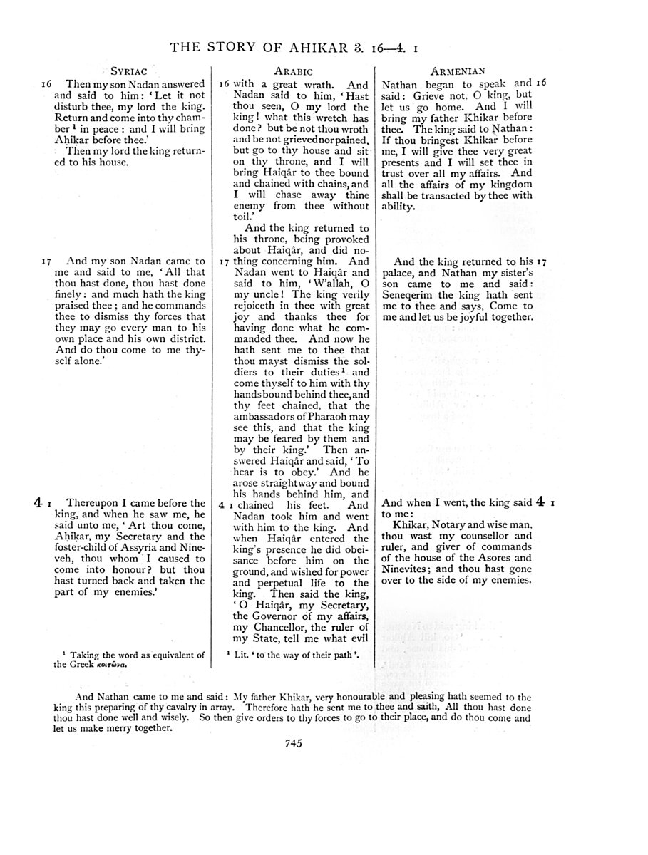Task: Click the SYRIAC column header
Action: click(x=128, y=71)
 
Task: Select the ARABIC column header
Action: click(x=293, y=71)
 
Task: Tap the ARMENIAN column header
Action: click(x=459, y=71)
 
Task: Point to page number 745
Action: click(x=294, y=743)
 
